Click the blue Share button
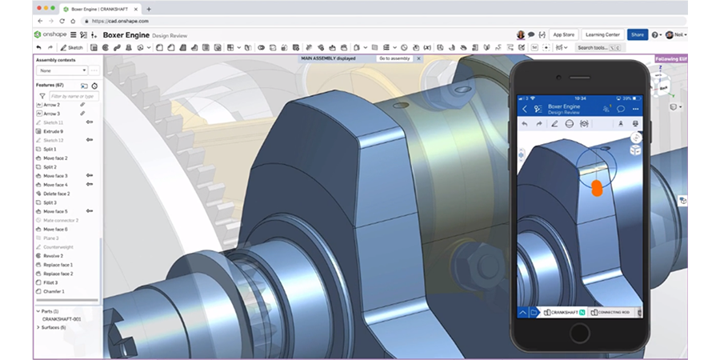click(x=637, y=34)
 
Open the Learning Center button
click(x=602, y=34)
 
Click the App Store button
click(x=564, y=34)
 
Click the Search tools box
click(x=596, y=48)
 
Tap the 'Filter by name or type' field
click(x=73, y=96)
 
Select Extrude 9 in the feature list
click(x=54, y=131)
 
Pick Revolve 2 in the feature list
click(x=54, y=256)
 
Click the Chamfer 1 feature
click(x=54, y=291)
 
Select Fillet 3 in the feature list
click(x=52, y=282)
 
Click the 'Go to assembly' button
click(x=394, y=58)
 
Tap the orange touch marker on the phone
click(x=597, y=188)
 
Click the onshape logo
click(x=49, y=34)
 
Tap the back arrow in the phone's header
click(x=525, y=109)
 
